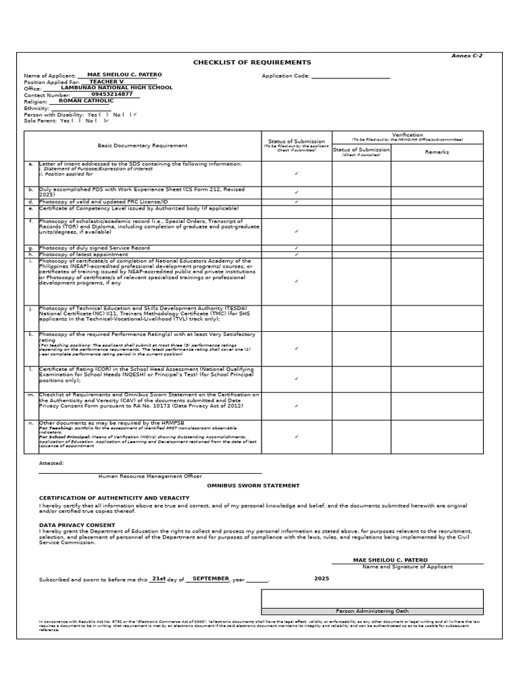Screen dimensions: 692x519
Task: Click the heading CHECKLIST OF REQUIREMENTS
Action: (252, 62)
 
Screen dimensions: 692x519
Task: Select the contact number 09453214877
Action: (112, 94)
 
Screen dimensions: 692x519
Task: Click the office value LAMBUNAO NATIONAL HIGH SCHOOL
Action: (116, 88)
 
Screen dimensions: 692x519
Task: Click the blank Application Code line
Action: (351, 76)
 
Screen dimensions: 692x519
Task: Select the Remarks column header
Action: (437, 152)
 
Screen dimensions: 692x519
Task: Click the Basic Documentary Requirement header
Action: (143, 145)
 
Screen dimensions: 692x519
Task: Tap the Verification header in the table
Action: (407, 135)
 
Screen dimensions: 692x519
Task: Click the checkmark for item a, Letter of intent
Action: (296, 174)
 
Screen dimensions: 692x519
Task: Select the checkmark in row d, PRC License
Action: (296, 201)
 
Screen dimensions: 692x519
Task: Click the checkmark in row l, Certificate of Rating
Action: (296, 378)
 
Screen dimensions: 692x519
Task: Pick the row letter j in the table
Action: (31, 307)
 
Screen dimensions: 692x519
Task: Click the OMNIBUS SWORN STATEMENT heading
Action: (253, 485)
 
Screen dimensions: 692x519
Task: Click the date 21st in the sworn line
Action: (158, 578)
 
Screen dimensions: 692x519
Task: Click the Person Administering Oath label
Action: (372, 611)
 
